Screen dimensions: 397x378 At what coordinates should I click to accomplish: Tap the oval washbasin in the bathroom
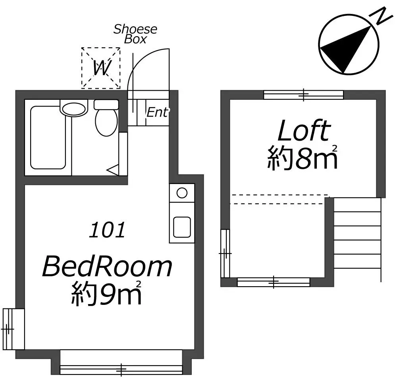[x=73, y=109]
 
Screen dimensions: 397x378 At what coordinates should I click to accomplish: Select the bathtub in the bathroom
[x=48, y=138]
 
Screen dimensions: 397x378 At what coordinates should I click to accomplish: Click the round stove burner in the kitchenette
[x=182, y=193]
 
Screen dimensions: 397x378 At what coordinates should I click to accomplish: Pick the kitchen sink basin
[x=182, y=227]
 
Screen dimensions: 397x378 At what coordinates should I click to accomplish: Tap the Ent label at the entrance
[x=157, y=112]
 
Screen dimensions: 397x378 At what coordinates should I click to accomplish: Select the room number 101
[x=107, y=230]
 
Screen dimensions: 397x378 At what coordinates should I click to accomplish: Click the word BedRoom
[x=107, y=267]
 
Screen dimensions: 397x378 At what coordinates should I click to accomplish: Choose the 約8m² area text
[x=303, y=157]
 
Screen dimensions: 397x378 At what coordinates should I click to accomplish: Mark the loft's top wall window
[x=304, y=95]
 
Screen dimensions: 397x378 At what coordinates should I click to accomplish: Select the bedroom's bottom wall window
[x=121, y=370]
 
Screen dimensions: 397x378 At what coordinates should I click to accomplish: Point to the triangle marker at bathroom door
[x=113, y=170]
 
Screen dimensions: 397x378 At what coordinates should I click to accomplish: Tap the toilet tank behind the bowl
[x=106, y=105]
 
